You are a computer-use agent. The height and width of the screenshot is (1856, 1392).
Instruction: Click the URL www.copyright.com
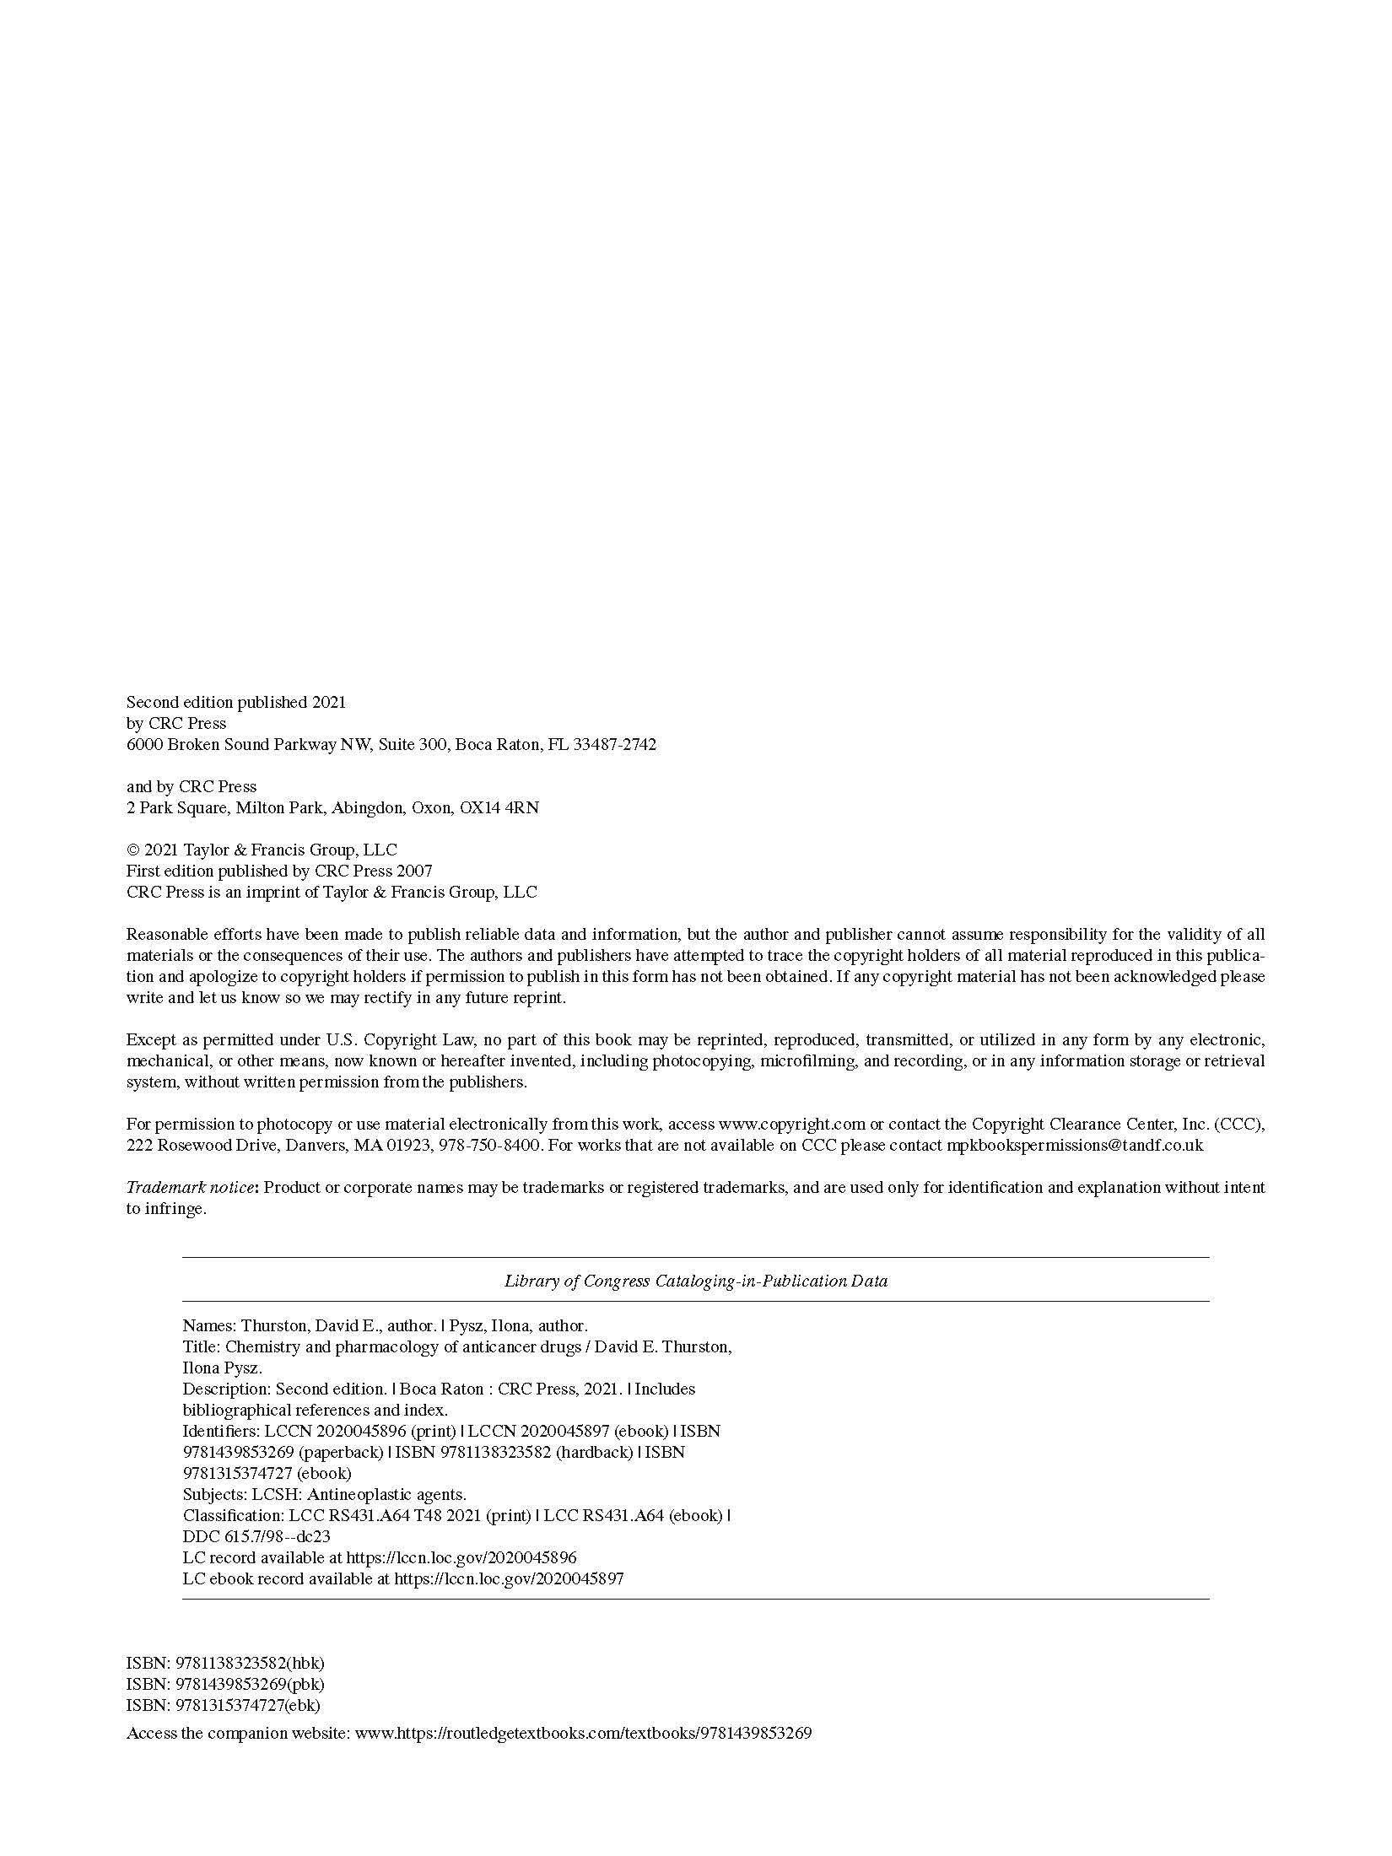pyautogui.click(x=791, y=1125)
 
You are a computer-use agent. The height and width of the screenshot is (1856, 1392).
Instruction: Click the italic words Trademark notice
pyautogui.click(x=190, y=1188)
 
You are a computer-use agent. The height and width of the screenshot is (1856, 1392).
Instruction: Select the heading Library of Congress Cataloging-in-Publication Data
pyautogui.click(x=696, y=1281)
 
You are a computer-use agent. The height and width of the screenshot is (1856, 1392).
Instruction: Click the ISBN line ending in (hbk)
pyautogui.click(x=225, y=1664)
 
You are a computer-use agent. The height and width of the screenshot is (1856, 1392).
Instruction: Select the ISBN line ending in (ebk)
pyautogui.click(x=224, y=1706)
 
